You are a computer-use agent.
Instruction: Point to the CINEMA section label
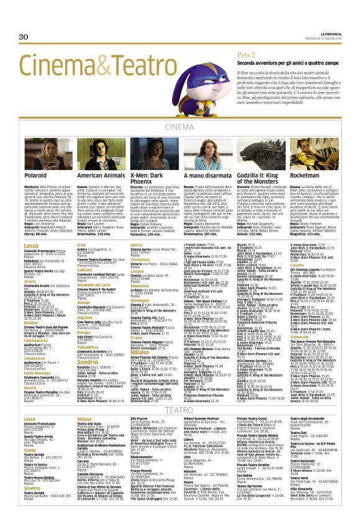(179, 127)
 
